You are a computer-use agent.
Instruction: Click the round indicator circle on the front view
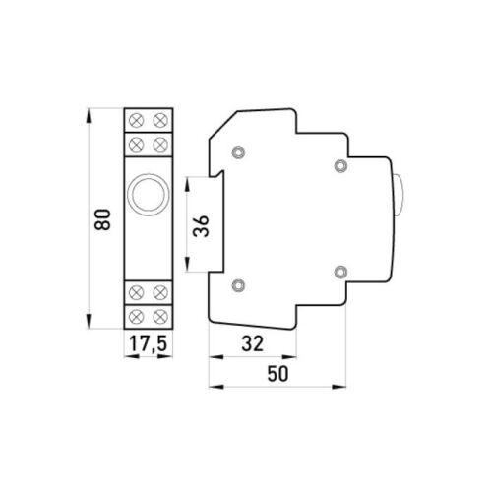147,195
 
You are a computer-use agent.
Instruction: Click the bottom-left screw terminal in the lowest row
136,316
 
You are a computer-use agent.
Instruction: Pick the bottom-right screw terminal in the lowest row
158,316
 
